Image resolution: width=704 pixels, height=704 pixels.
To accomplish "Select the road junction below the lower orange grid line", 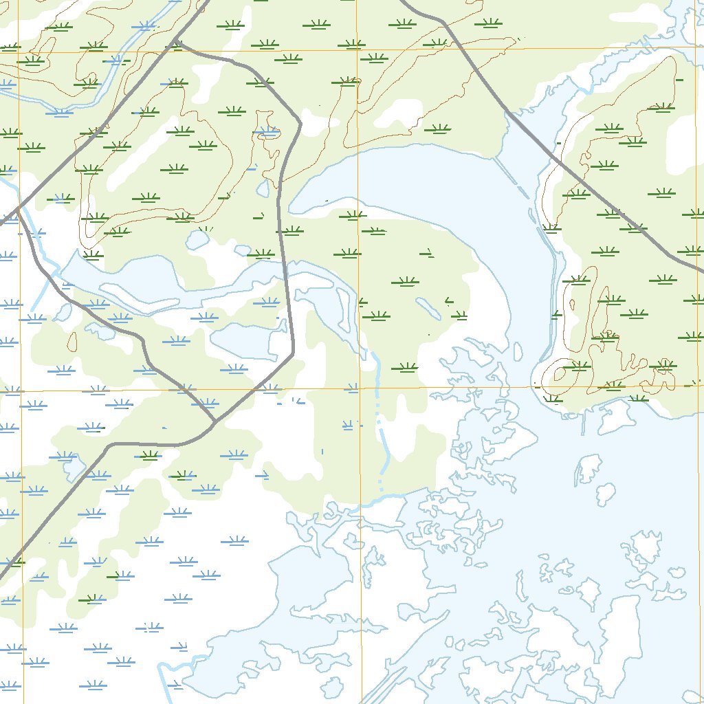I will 214,421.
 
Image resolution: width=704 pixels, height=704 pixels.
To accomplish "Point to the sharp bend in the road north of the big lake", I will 300,124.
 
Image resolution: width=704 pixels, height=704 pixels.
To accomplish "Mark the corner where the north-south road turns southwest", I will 293,353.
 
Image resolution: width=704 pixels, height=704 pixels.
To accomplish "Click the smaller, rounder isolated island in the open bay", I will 605,493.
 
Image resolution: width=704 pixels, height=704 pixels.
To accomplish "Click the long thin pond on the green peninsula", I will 428,309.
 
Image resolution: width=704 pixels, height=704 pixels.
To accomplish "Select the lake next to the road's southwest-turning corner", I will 247,340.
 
